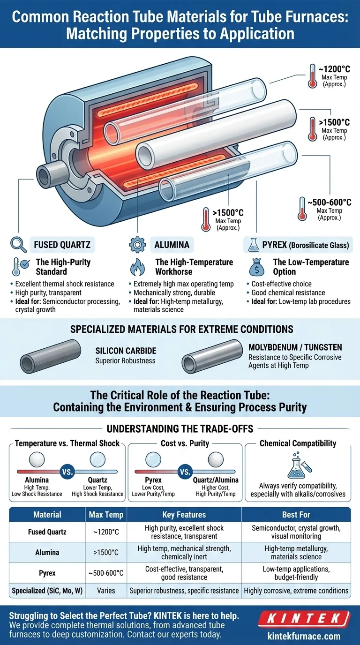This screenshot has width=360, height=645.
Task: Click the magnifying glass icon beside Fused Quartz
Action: click(18, 245)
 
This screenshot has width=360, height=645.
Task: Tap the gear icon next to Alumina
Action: click(137, 245)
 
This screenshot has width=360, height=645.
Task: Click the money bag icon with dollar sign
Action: click(256, 267)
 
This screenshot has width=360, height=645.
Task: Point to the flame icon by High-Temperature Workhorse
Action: click(138, 267)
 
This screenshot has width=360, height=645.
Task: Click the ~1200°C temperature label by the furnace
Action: click(334, 69)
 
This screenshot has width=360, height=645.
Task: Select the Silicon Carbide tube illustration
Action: click(51, 356)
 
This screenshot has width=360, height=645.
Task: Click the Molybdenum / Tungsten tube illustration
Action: click(212, 356)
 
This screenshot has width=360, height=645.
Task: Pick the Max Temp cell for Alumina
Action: click(106, 552)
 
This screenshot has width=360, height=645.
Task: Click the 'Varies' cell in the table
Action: click(106, 591)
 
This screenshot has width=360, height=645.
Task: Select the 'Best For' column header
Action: click(296, 515)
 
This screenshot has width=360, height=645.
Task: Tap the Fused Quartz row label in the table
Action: click(47, 532)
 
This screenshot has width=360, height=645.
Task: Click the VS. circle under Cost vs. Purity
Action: click(185, 472)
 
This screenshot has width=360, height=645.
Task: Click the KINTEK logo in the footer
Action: click(304, 619)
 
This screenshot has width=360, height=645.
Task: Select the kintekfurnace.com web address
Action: click(304, 636)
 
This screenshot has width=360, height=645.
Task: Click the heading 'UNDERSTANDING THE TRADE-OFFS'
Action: click(180, 429)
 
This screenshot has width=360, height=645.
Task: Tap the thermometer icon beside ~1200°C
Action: click(312, 76)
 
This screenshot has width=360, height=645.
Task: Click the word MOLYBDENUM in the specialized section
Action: click(273, 347)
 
